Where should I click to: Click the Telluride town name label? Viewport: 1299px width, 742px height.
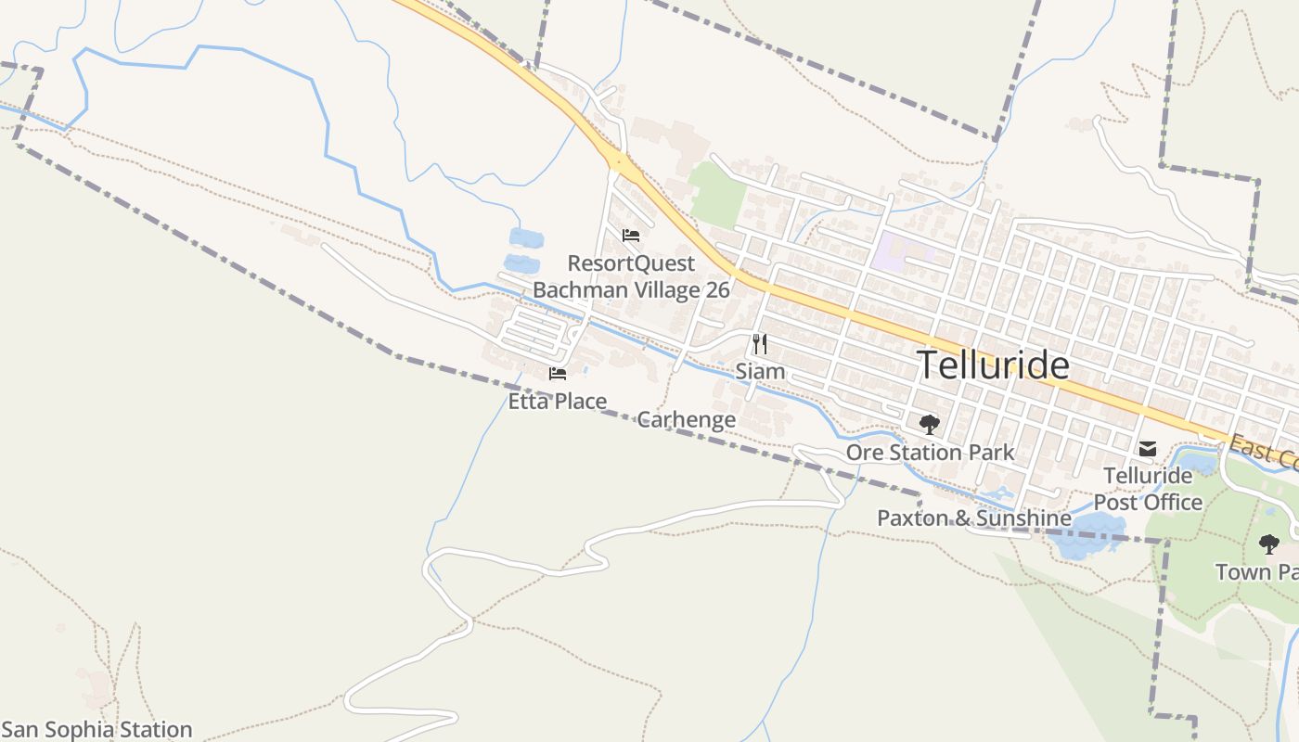pos(993,365)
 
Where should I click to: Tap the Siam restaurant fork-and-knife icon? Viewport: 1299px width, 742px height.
pos(760,344)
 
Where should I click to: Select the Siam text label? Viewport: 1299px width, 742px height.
pos(760,372)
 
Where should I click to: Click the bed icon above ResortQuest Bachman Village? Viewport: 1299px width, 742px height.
pos(631,235)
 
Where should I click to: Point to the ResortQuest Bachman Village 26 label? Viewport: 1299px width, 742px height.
pos(631,276)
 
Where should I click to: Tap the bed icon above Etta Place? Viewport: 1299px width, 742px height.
pos(557,374)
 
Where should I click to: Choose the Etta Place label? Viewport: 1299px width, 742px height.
pos(557,402)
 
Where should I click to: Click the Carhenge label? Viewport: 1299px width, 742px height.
pos(686,419)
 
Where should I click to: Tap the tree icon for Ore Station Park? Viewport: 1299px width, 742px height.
pos(929,425)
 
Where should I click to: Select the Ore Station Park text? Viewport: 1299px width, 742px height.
pos(930,453)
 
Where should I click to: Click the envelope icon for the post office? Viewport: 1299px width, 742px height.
pos(1148,449)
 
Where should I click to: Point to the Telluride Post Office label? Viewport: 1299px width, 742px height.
pos(1148,489)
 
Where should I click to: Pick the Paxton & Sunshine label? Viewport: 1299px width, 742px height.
pos(974,518)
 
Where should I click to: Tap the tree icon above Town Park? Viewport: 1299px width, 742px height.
pos(1268,544)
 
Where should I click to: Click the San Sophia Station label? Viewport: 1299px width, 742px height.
pos(96,730)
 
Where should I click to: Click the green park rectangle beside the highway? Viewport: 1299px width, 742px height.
pos(718,194)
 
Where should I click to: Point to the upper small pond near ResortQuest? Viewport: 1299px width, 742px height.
pos(526,238)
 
